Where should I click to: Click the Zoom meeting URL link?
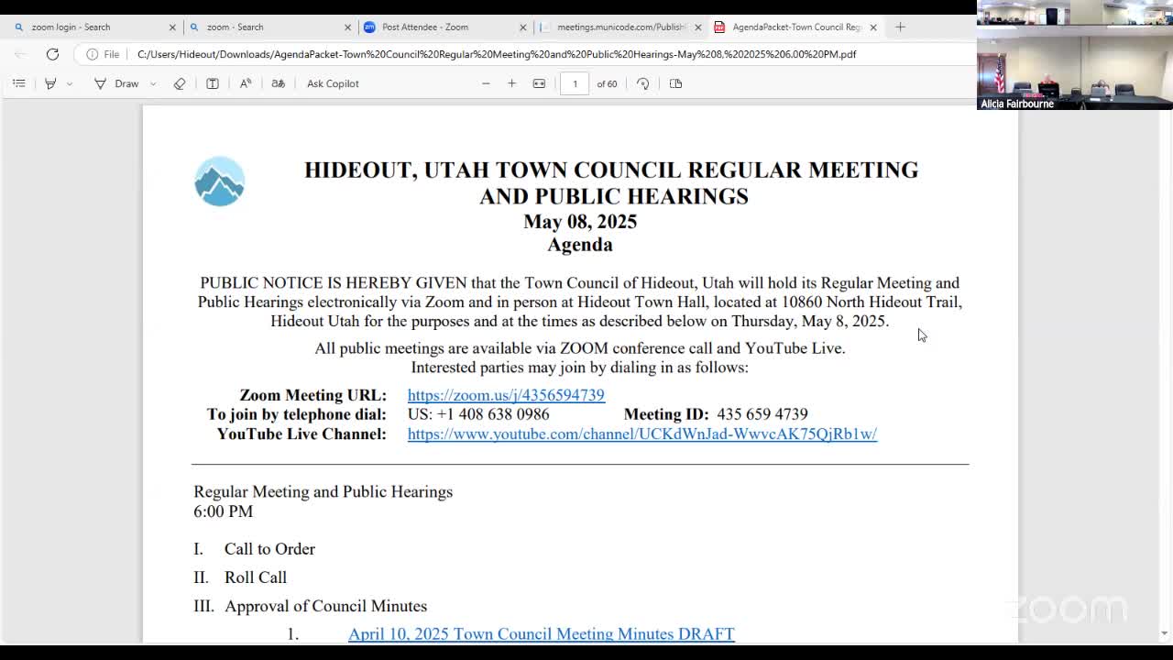(x=506, y=395)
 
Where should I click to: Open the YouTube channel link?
(x=641, y=434)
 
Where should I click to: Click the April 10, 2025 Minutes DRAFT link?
(x=541, y=633)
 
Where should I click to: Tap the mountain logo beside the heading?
(x=219, y=181)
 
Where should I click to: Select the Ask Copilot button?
(x=333, y=83)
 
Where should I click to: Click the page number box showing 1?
(x=575, y=83)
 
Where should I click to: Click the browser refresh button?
(x=52, y=54)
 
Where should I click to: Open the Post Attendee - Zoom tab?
(x=425, y=27)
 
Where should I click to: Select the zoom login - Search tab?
(x=71, y=27)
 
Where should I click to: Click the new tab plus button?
(x=900, y=27)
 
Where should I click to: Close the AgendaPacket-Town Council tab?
(x=873, y=27)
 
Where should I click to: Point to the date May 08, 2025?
(x=580, y=222)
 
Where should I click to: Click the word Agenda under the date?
(x=580, y=245)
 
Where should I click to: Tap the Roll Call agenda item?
(x=256, y=577)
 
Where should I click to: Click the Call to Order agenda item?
(x=269, y=549)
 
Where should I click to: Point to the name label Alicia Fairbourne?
(x=1017, y=104)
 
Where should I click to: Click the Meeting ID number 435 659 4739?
(x=762, y=414)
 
